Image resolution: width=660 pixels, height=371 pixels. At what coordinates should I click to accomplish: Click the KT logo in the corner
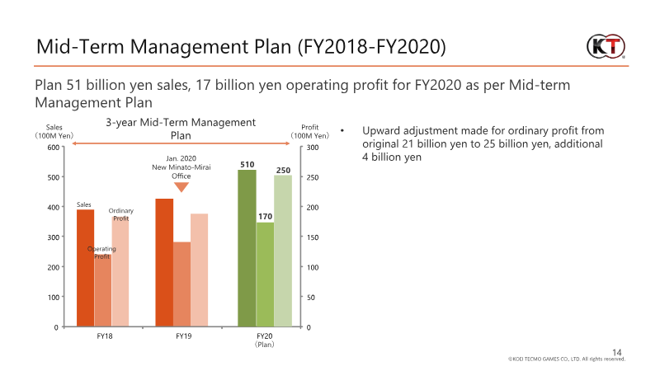tap(606, 46)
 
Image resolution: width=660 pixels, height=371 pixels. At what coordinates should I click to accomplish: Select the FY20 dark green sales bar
tap(247, 248)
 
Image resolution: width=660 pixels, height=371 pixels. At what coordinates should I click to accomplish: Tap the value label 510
tap(247, 164)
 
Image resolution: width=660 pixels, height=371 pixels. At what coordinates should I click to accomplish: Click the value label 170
tap(265, 216)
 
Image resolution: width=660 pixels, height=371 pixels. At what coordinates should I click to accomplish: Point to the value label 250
tap(283, 170)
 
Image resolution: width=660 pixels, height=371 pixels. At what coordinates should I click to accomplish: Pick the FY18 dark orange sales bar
tap(86, 268)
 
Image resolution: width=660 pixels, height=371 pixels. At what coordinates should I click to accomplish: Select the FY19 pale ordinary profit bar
tap(199, 270)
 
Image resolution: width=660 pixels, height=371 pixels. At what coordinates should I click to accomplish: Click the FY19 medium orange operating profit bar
tap(181, 284)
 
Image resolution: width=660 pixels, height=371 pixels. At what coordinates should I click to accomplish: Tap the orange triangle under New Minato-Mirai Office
tap(181, 187)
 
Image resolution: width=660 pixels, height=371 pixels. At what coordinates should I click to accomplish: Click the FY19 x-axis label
tap(183, 336)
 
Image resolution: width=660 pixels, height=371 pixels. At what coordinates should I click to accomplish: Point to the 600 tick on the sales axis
tap(54, 148)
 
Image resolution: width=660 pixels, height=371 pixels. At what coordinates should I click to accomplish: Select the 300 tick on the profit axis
tap(313, 148)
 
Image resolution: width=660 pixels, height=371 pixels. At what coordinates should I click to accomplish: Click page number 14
tap(616, 352)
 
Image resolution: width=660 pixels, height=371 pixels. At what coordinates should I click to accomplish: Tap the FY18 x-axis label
tap(105, 336)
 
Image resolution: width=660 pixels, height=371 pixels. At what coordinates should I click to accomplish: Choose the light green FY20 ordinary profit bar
tap(283, 251)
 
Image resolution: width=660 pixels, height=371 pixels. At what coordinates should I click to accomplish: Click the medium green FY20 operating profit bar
tap(265, 275)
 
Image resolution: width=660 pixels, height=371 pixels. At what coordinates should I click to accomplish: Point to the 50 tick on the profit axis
tap(311, 298)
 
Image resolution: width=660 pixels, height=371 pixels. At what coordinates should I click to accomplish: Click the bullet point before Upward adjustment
tap(342, 130)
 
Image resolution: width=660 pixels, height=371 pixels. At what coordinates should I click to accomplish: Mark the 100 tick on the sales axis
tap(54, 298)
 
